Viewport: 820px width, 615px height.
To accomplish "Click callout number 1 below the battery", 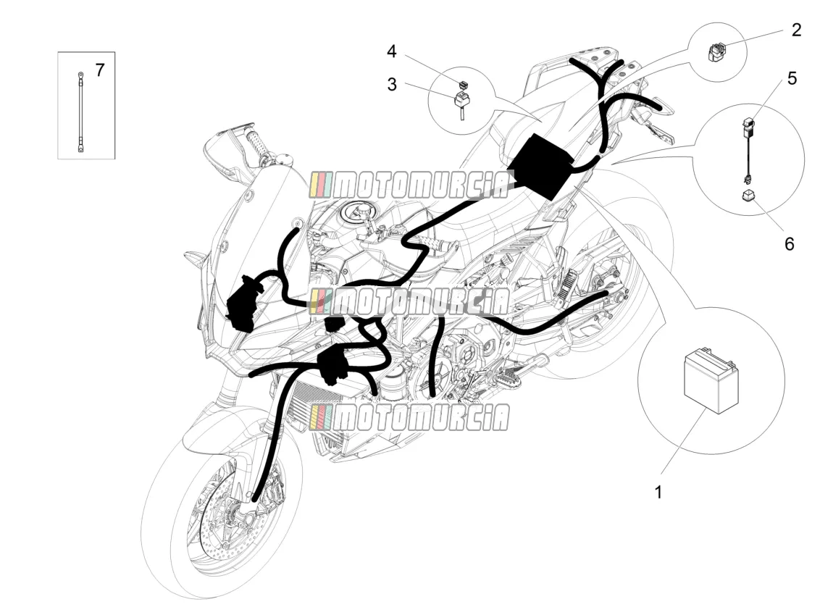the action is coord(658,492).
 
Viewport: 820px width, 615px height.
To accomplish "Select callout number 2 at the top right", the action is coord(797,30).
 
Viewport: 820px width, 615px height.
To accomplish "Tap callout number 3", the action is coord(392,84).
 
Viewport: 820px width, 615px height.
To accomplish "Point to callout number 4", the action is coord(392,51).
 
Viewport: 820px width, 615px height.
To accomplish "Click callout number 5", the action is coord(792,78).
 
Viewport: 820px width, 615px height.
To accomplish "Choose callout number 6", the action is coord(790,243).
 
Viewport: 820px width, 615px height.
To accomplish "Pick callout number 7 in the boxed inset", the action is coord(99,70).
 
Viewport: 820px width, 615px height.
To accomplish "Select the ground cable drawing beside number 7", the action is coord(80,112).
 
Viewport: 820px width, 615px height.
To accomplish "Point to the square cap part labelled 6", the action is coord(747,197).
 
